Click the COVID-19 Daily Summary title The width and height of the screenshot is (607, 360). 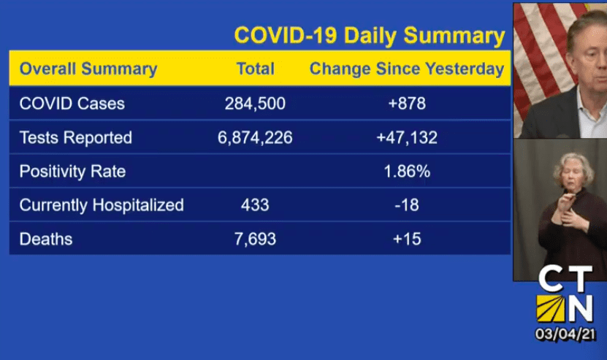tap(370, 36)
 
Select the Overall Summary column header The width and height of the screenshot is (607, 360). tap(88, 69)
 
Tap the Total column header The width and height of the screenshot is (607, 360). tap(256, 69)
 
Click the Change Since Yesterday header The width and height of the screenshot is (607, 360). tap(407, 69)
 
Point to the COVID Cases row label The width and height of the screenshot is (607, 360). tap(72, 104)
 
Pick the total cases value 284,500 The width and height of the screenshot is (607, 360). tap(255, 104)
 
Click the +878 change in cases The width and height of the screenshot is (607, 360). tap(407, 104)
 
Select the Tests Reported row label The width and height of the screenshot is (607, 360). tap(76, 137)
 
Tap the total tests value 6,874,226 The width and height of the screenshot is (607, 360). tap(255, 137)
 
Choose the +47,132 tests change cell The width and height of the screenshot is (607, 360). tap(407, 137)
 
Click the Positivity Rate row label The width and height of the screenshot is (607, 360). tap(73, 172)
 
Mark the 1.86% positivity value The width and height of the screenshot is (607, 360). tap(407, 171)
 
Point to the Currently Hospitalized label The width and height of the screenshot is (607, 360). tap(102, 205)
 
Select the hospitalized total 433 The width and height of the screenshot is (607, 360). tap(255, 204)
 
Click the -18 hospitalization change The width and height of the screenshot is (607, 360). tap(407, 204)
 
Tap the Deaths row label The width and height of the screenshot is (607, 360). tap(46, 239)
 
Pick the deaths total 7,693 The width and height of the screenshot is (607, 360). tap(255, 239)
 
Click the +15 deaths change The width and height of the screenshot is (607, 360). tap(407, 239)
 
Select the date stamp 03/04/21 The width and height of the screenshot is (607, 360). tap(565, 334)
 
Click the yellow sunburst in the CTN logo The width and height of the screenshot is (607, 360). tap(551, 308)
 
